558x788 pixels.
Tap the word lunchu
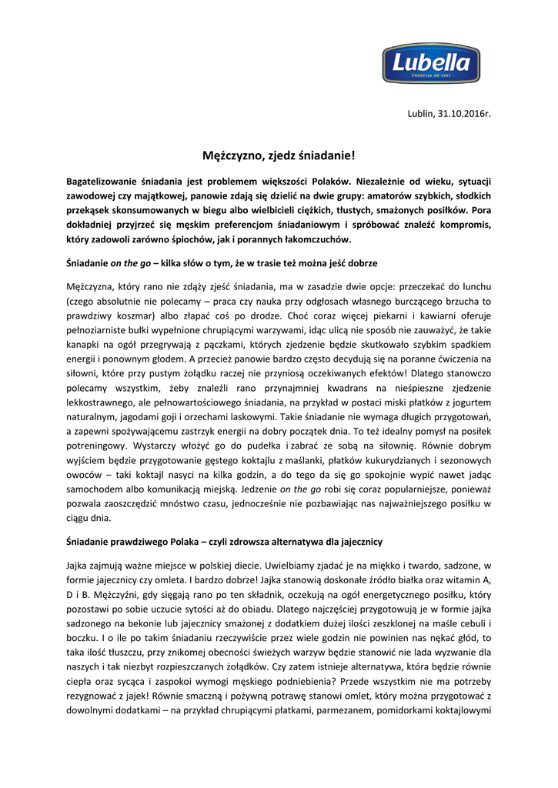pyautogui.click(x=474, y=285)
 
